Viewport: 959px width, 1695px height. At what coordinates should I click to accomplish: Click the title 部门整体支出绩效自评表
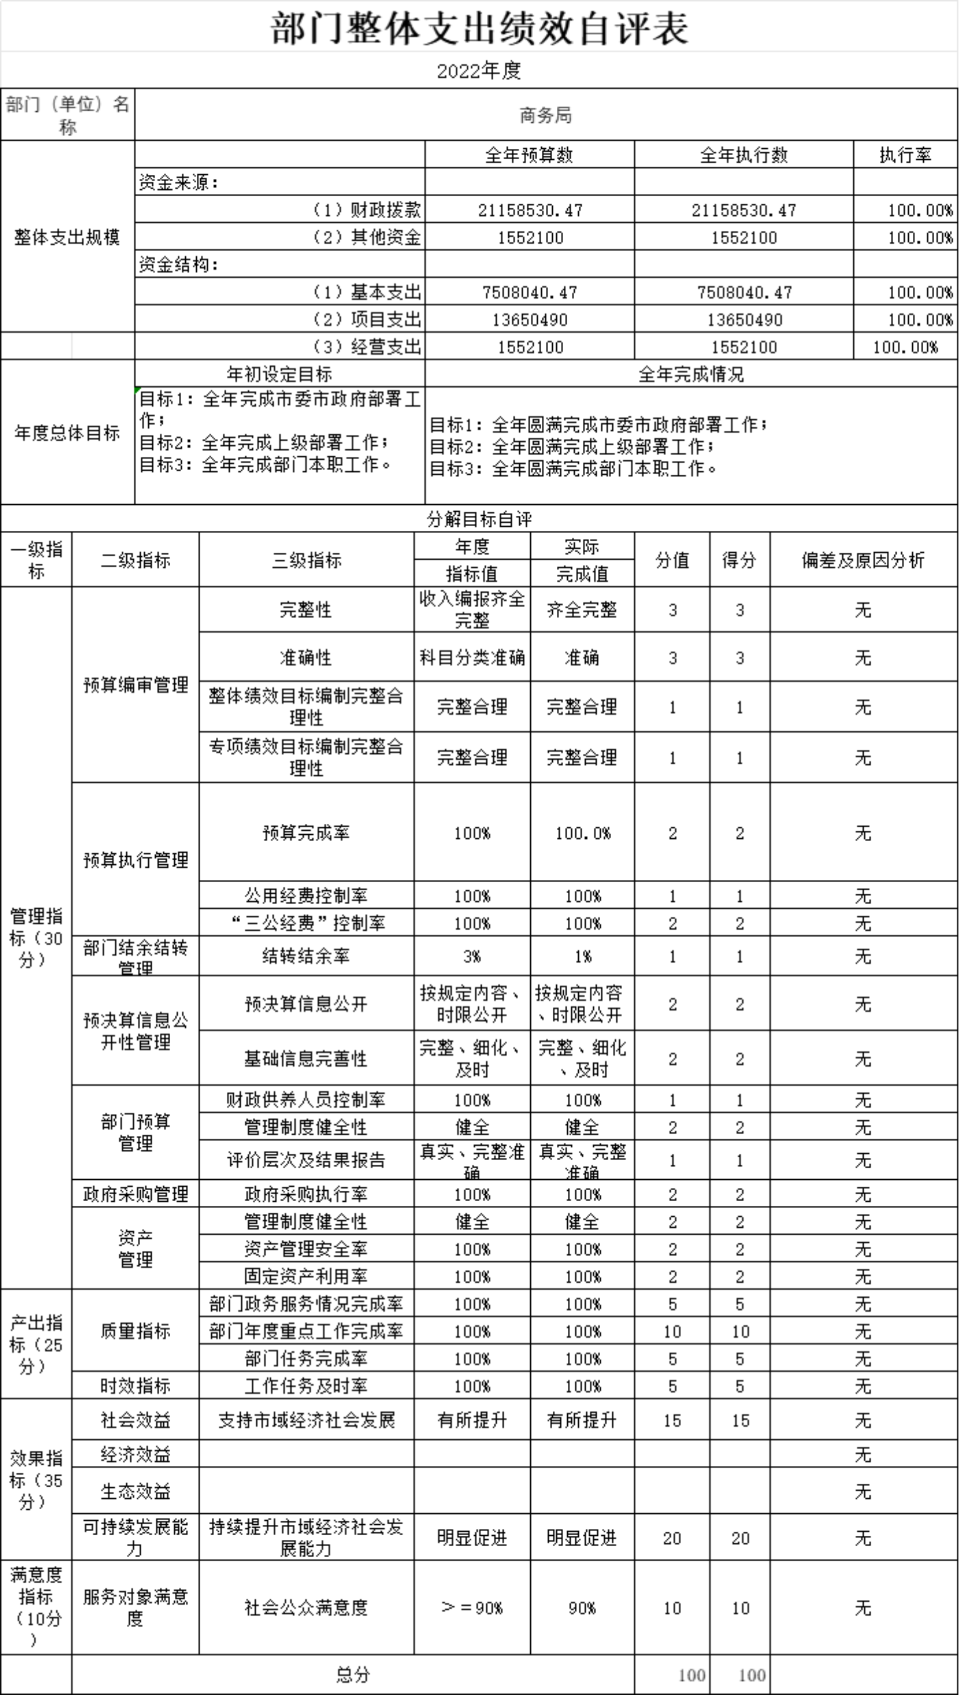(x=479, y=29)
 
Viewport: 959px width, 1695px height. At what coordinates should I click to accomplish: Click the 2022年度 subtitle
(x=479, y=70)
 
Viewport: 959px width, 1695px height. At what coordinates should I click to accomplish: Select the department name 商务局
(x=545, y=115)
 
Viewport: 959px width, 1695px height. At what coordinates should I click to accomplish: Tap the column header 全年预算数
(x=529, y=155)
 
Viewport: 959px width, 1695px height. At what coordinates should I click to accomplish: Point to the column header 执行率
(x=905, y=155)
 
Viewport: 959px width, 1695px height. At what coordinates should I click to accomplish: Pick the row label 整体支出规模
(x=67, y=237)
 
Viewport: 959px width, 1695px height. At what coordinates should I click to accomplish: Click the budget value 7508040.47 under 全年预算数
(x=530, y=292)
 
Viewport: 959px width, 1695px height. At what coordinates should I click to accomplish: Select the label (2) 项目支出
(x=367, y=320)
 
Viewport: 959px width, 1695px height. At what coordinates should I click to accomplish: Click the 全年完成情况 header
(x=691, y=374)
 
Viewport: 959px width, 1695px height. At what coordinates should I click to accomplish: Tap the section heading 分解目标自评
(x=479, y=519)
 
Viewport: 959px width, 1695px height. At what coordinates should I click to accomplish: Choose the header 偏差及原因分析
(x=863, y=560)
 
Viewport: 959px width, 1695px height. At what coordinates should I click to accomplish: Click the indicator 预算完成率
(x=306, y=833)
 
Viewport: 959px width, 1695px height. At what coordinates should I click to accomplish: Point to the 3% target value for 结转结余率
(x=471, y=956)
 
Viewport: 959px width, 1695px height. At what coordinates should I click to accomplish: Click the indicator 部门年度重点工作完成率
(x=306, y=1331)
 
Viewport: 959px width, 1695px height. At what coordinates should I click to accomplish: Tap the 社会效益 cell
(x=136, y=1420)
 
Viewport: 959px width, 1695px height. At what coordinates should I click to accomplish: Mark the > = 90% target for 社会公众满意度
(x=471, y=1607)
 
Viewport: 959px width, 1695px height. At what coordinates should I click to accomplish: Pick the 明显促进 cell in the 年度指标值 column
(x=471, y=1537)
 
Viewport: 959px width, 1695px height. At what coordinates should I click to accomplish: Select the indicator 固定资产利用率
(x=306, y=1276)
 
